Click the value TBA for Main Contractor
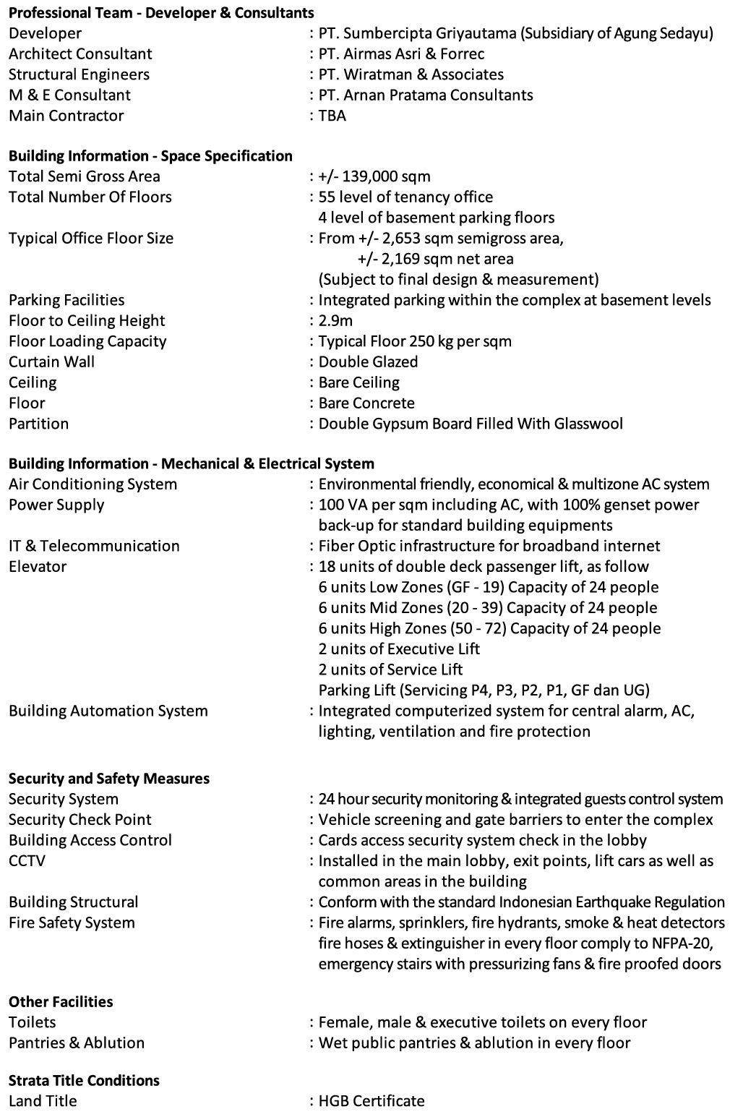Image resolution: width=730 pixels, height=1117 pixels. (x=332, y=116)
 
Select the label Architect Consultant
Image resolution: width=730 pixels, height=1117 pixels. (x=80, y=54)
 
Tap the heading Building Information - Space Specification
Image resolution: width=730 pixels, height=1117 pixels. (x=150, y=156)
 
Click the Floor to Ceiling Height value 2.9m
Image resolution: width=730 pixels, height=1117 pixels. (x=335, y=321)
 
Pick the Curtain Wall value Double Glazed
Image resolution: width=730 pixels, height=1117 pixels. (x=368, y=361)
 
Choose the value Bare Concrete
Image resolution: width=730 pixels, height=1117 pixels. (x=366, y=403)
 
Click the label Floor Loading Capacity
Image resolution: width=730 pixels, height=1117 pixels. (x=87, y=341)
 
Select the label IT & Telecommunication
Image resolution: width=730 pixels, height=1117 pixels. (x=94, y=546)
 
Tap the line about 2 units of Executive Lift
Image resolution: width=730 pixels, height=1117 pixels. (x=399, y=649)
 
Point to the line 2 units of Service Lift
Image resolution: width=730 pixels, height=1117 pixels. (x=390, y=669)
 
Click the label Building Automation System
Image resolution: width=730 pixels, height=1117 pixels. (x=108, y=711)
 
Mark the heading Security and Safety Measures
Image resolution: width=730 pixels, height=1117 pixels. (x=109, y=779)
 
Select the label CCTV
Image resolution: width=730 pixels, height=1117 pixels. (x=27, y=860)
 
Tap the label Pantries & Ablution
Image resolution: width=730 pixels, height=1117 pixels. (x=77, y=1043)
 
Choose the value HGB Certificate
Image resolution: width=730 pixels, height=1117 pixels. (x=372, y=1101)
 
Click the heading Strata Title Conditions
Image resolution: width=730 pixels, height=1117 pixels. (x=84, y=1081)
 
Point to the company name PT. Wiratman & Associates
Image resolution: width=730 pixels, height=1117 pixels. (x=411, y=74)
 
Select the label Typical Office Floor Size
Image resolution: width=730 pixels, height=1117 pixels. (x=91, y=239)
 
